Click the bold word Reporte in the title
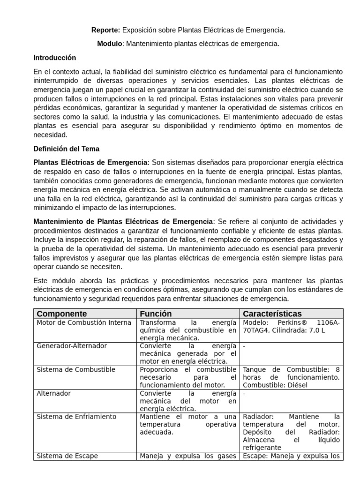coord(105,30)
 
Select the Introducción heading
coord(54,58)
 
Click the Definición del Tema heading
coord(66,149)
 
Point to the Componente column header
coord(61,314)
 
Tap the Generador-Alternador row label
coord(72,345)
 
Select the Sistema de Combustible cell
coord(76,369)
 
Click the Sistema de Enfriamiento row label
coord(76,416)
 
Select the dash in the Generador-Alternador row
coord(244,346)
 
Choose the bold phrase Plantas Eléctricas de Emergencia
coord(90,162)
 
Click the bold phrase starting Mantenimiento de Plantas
coord(123,221)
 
